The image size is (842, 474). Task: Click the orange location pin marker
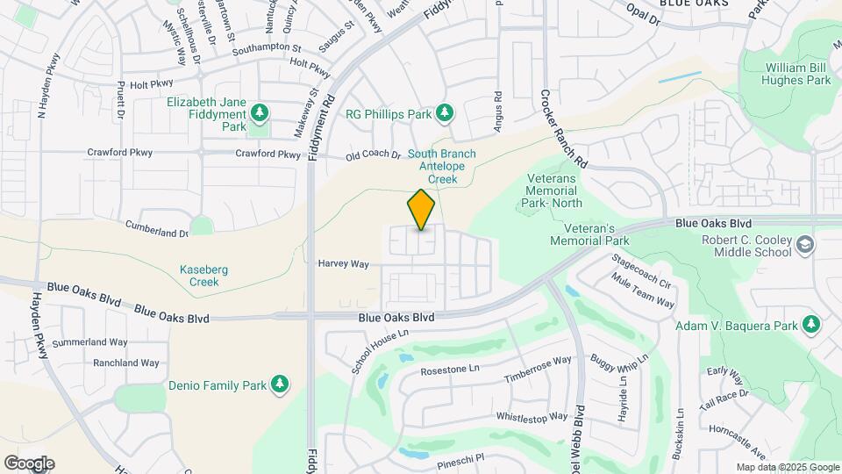click(421, 210)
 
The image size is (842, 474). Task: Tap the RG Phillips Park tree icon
click(445, 113)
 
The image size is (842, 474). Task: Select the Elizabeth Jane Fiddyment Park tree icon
click(259, 113)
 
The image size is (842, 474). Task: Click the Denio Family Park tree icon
click(280, 384)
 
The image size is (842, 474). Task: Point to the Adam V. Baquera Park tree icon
click(812, 325)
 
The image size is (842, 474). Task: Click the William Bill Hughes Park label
click(797, 74)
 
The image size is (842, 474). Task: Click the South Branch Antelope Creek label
click(442, 166)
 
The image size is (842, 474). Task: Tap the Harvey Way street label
click(344, 263)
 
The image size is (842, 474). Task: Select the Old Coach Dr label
click(373, 155)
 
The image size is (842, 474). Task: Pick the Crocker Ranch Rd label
click(564, 129)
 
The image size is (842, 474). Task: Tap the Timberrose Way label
click(538, 370)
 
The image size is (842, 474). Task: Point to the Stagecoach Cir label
click(641, 272)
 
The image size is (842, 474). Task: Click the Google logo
click(29, 463)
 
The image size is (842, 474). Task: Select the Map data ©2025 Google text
click(787, 467)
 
